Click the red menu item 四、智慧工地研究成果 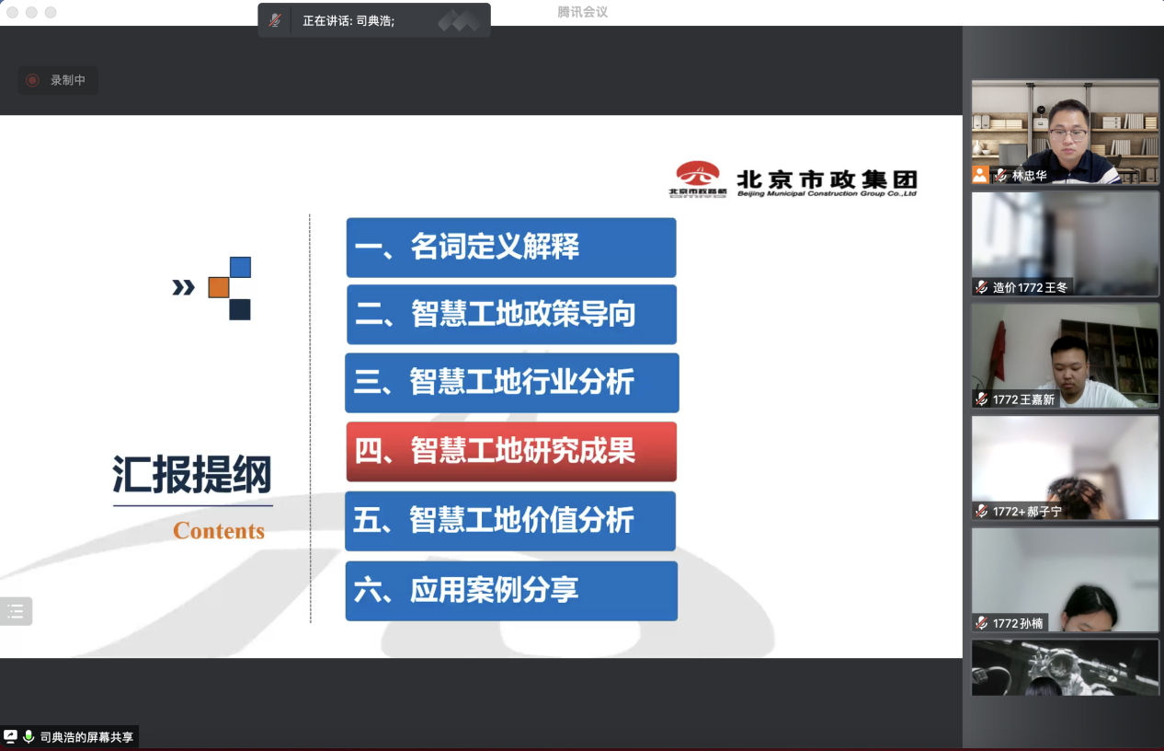tap(511, 452)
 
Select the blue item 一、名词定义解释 tap(511, 248)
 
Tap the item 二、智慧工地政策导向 tap(511, 315)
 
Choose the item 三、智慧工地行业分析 tap(512, 383)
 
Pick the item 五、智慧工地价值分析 tap(510, 521)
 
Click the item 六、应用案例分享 tap(511, 591)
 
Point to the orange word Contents tap(219, 531)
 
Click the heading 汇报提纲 tap(192, 474)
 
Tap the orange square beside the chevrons tap(219, 287)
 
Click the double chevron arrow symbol tap(184, 287)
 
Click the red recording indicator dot tap(32, 80)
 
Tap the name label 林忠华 tap(1029, 176)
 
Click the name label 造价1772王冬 tap(1030, 287)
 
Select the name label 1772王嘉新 tap(1023, 399)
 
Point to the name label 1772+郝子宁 tap(1027, 512)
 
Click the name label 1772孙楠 tap(1018, 624)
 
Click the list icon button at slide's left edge tap(16, 611)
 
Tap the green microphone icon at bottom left tap(29, 736)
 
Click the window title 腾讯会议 tap(582, 12)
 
